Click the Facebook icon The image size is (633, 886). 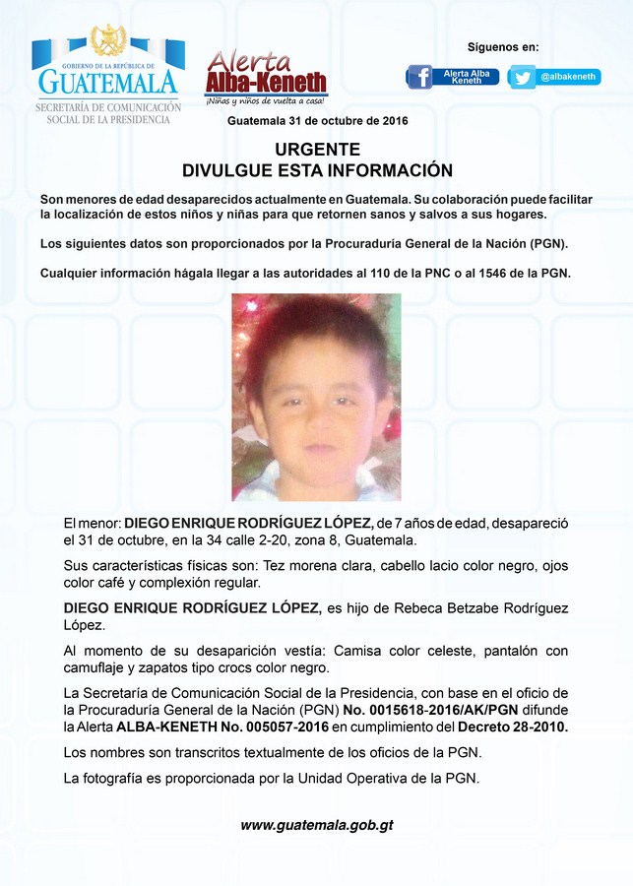pos(420,77)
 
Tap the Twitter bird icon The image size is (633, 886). pos(522,77)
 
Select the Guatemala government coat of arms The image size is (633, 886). pos(108,41)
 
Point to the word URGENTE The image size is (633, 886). pos(317,150)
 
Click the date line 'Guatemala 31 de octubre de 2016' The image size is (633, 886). pos(317,120)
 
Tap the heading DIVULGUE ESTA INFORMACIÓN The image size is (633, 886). pos(317,170)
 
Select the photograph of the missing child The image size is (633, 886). pos(316,397)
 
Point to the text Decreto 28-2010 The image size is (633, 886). pos(513,727)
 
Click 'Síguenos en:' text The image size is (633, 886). pos(503,47)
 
